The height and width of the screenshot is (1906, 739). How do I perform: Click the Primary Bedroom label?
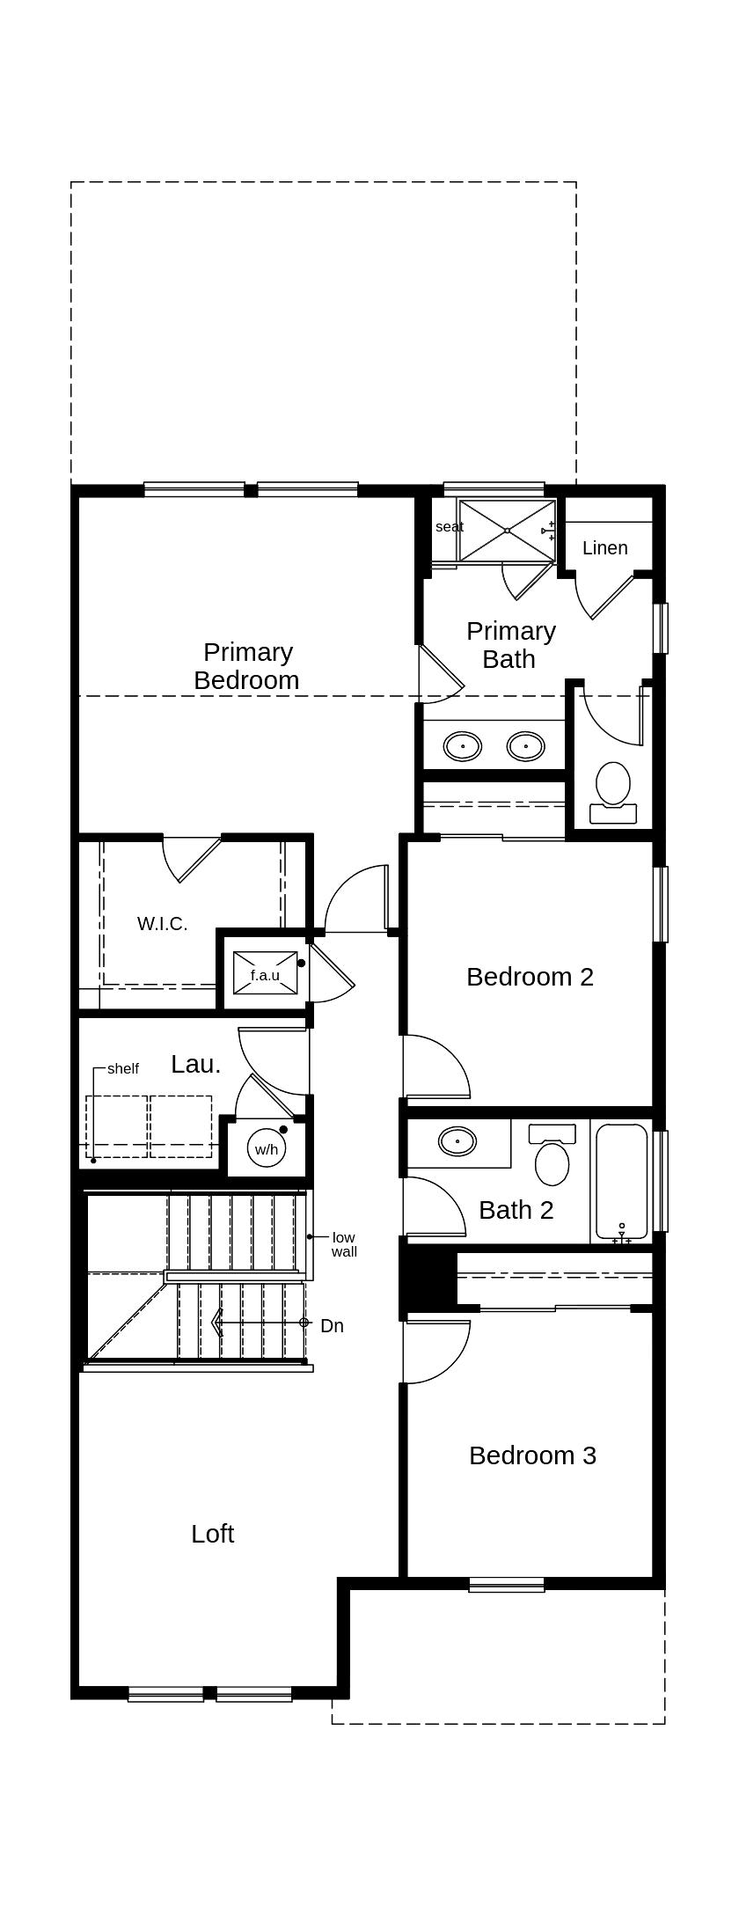246,666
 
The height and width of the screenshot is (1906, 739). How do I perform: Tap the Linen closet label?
605,548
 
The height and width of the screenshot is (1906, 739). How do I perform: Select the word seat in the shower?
449,527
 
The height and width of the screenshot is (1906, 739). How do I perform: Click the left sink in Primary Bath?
463,747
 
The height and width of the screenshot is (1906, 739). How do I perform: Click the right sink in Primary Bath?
526,747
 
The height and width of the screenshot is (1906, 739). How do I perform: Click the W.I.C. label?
163,924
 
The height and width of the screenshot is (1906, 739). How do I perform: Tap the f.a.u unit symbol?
265,975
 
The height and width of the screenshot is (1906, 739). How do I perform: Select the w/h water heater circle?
267,1149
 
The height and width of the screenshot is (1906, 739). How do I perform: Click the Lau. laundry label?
195,1064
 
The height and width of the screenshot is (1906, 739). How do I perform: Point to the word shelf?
123,1069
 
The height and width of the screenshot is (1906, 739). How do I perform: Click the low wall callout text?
344,1244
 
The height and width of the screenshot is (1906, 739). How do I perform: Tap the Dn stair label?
332,1326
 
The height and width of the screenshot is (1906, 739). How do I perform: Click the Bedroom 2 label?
530,977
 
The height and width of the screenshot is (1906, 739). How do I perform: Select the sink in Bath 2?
457,1142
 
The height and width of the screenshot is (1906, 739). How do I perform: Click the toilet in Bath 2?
552,1157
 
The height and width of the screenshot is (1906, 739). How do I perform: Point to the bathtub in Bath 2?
621,1181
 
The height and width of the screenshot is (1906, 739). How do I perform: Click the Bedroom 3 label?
532,1455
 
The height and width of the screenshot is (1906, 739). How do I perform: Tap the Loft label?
212,1534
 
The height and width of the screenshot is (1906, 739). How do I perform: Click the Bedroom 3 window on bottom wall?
506,1585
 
